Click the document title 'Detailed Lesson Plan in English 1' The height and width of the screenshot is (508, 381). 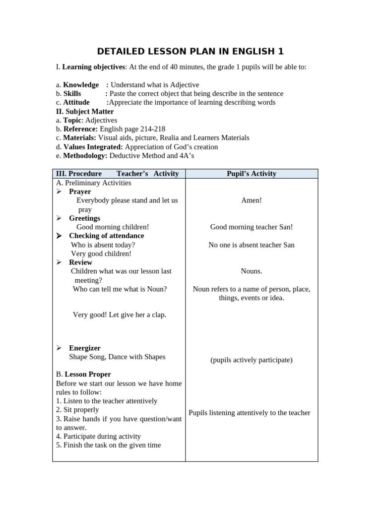[190, 52]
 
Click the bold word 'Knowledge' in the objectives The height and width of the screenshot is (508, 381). [80, 85]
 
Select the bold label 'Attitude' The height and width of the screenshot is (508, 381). [76, 102]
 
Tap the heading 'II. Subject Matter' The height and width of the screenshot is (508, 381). [85, 111]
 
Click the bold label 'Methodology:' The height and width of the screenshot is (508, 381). [85, 156]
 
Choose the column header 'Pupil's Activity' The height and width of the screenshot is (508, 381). [251, 174]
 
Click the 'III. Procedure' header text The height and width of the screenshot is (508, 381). [79, 174]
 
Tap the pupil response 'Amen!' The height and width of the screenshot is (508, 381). [251, 200]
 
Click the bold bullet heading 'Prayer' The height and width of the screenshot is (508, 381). [80, 191]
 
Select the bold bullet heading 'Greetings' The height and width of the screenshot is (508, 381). [84, 218]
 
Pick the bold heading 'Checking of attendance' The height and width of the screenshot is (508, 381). [106, 236]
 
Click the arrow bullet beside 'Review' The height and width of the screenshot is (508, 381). [59, 262]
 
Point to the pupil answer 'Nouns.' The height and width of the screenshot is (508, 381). [251, 271]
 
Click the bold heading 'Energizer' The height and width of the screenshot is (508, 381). [84, 348]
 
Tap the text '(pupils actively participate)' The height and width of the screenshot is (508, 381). [251, 360]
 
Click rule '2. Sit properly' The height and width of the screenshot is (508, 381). [77, 410]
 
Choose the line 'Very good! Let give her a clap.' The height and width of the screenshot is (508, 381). [119, 315]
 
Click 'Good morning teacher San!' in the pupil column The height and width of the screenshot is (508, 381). [251, 227]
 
